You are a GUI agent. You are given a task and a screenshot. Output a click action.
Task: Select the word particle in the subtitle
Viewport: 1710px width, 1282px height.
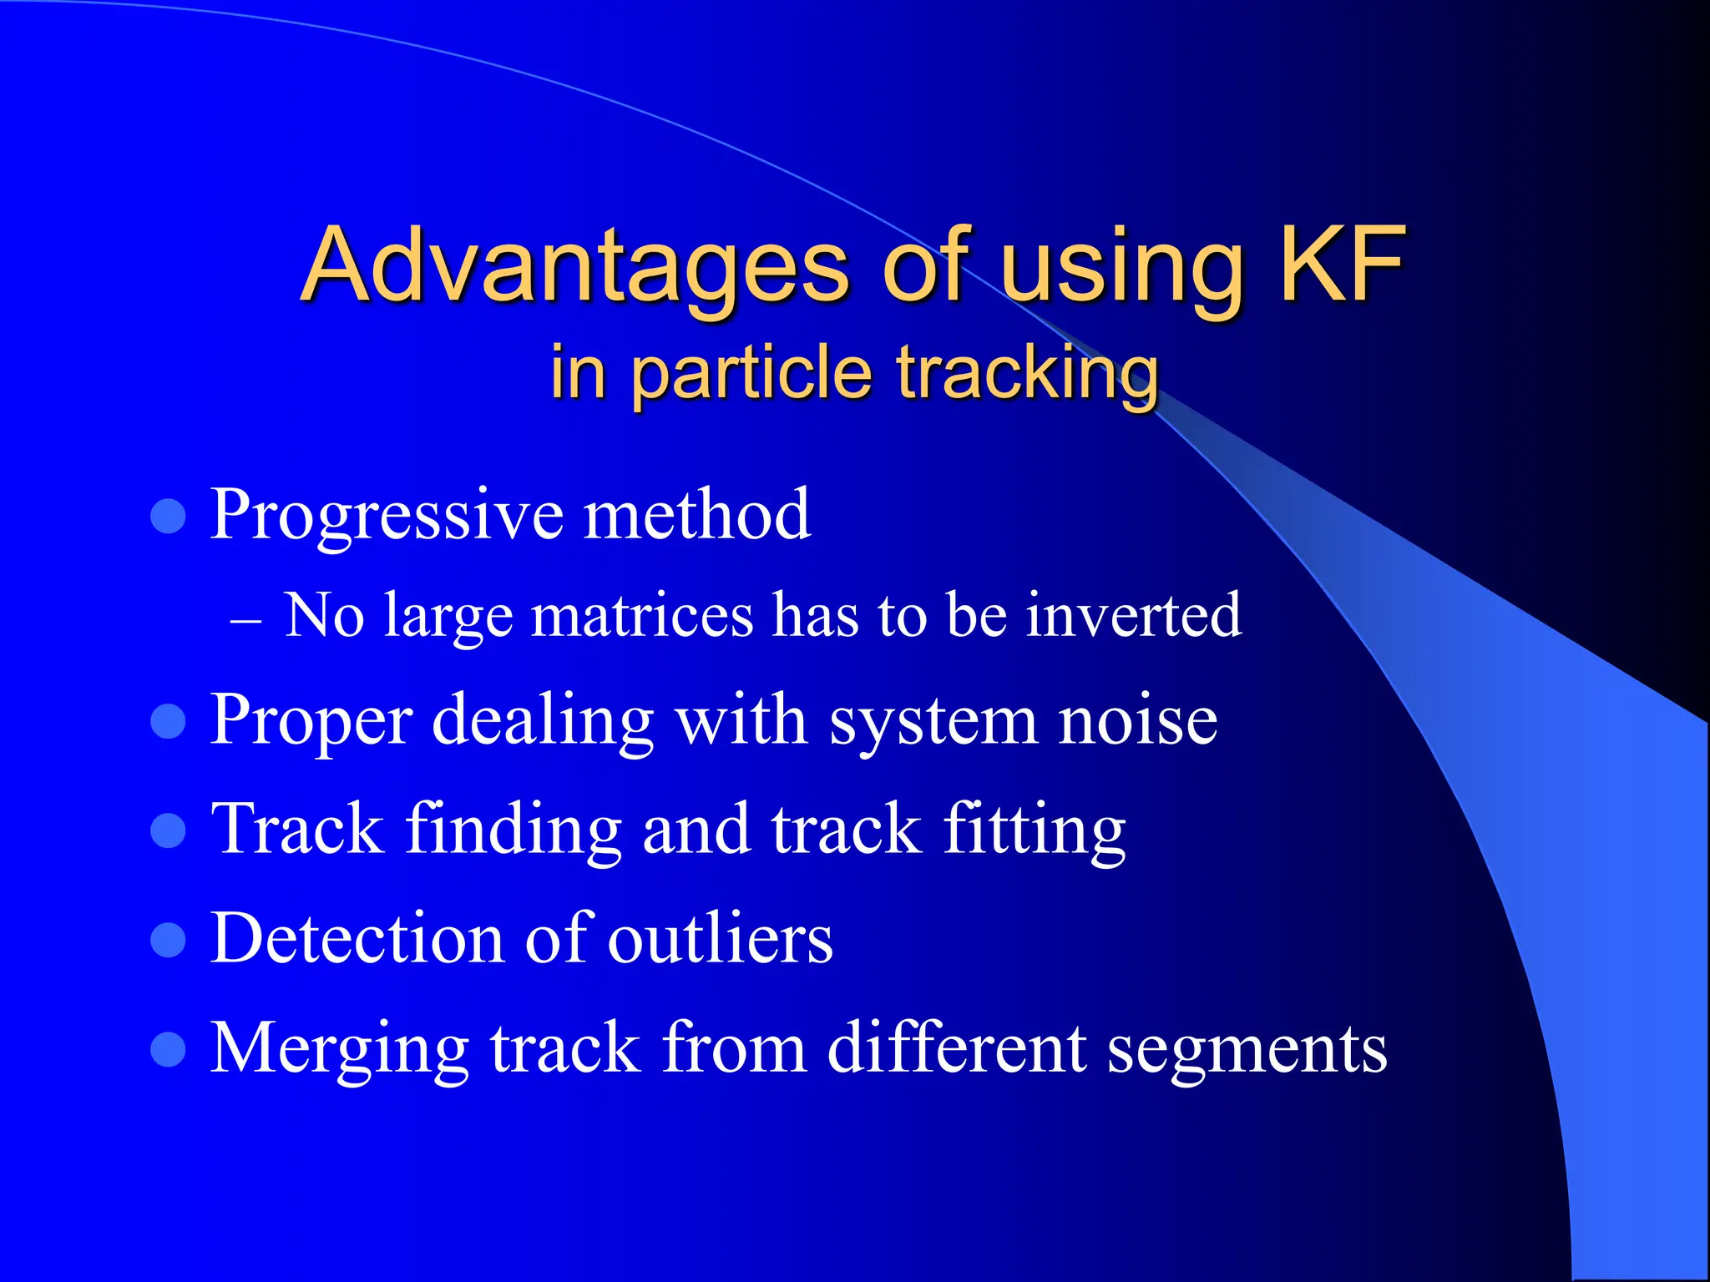pos(751,374)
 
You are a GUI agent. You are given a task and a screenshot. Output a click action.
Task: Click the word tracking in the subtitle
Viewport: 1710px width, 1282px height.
pos(1028,374)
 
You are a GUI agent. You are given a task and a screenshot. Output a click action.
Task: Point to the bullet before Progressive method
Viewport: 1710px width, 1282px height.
pos(168,517)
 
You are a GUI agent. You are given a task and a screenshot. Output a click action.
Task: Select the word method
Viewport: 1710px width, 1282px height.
pos(697,514)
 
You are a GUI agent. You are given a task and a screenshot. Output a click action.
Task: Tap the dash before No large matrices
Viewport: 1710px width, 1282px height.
pos(245,622)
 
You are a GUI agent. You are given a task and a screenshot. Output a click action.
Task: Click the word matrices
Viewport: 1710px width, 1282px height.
pos(642,616)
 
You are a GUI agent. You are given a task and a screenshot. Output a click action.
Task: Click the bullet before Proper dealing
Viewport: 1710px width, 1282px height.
pos(168,721)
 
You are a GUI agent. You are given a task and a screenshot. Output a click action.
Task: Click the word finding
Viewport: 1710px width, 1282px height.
pos(514,830)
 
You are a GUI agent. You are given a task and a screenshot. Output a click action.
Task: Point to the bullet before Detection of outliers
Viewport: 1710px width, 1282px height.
pos(168,940)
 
